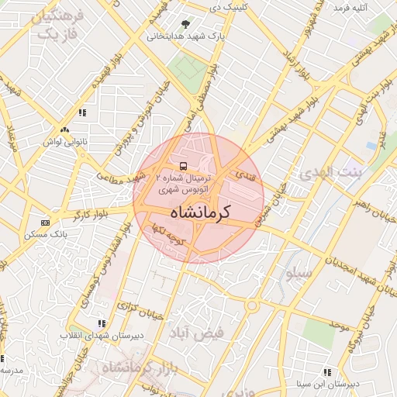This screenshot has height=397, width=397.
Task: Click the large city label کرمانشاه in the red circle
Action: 198,212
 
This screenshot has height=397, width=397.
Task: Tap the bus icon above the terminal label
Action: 183,166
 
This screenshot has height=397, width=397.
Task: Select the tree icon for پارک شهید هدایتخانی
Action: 185,25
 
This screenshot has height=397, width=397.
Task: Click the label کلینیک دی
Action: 226,7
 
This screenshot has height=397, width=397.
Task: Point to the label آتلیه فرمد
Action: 349,8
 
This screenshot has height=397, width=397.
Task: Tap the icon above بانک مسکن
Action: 45,222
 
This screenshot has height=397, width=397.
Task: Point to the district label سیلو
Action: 299,274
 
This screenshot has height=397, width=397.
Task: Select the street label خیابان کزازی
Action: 142,308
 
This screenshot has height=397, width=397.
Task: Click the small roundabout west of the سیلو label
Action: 252,306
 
